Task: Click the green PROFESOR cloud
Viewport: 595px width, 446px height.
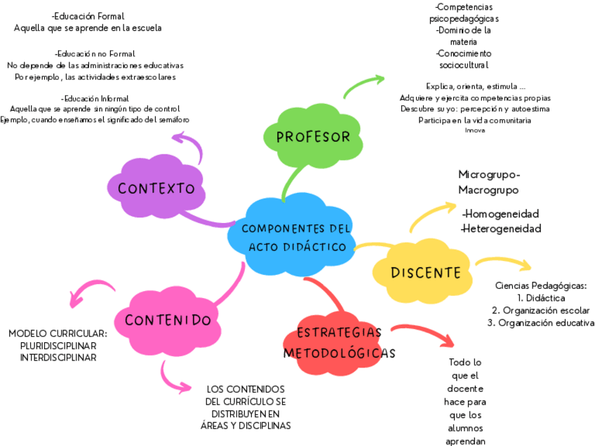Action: click(x=313, y=137)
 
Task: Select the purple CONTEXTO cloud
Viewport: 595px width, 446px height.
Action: click(x=156, y=188)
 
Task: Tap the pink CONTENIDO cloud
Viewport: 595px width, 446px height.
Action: click(x=168, y=320)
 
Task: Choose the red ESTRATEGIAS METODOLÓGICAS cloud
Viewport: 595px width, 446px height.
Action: click(x=339, y=343)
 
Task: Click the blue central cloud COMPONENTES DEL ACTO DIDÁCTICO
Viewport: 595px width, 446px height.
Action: click(x=294, y=238)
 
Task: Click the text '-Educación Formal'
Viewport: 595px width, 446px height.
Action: click(x=88, y=16)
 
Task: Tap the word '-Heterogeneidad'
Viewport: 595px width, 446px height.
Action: click(x=501, y=229)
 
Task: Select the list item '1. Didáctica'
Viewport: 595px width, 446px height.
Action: click(x=540, y=298)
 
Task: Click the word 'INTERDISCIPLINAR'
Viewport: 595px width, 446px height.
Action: click(x=58, y=358)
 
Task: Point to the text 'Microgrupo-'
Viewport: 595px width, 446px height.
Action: click(x=489, y=175)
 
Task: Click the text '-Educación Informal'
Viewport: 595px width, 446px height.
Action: click(x=95, y=98)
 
